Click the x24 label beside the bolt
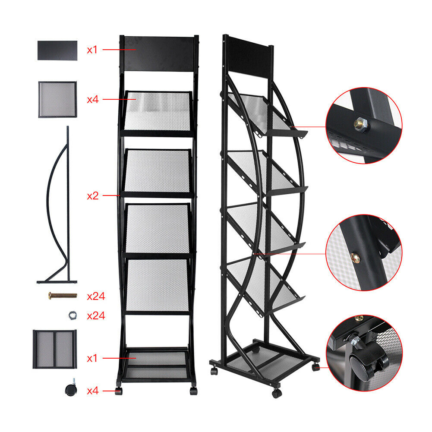[x=96, y=296]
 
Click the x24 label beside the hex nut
[x=96, y=316]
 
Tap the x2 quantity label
[x=92, y=196]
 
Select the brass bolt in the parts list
[x=63, y=296]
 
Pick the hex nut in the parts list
[x=73, y=315]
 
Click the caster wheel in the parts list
[x=71, y=388]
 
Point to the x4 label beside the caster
[x=92, y=391]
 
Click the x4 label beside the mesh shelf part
[x=92, y=99]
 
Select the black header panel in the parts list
[x=57, y=50]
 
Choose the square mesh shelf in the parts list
[x=57, y=99]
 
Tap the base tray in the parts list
[x=54, y=349]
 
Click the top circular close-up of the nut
[x=364, y=126]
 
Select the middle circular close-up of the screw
[x=364, y=252]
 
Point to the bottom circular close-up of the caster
[x=364, y=353]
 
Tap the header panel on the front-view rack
[x=159, y=54]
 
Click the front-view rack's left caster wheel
[x=119, y=391]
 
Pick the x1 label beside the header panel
[x=92, y=50]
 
